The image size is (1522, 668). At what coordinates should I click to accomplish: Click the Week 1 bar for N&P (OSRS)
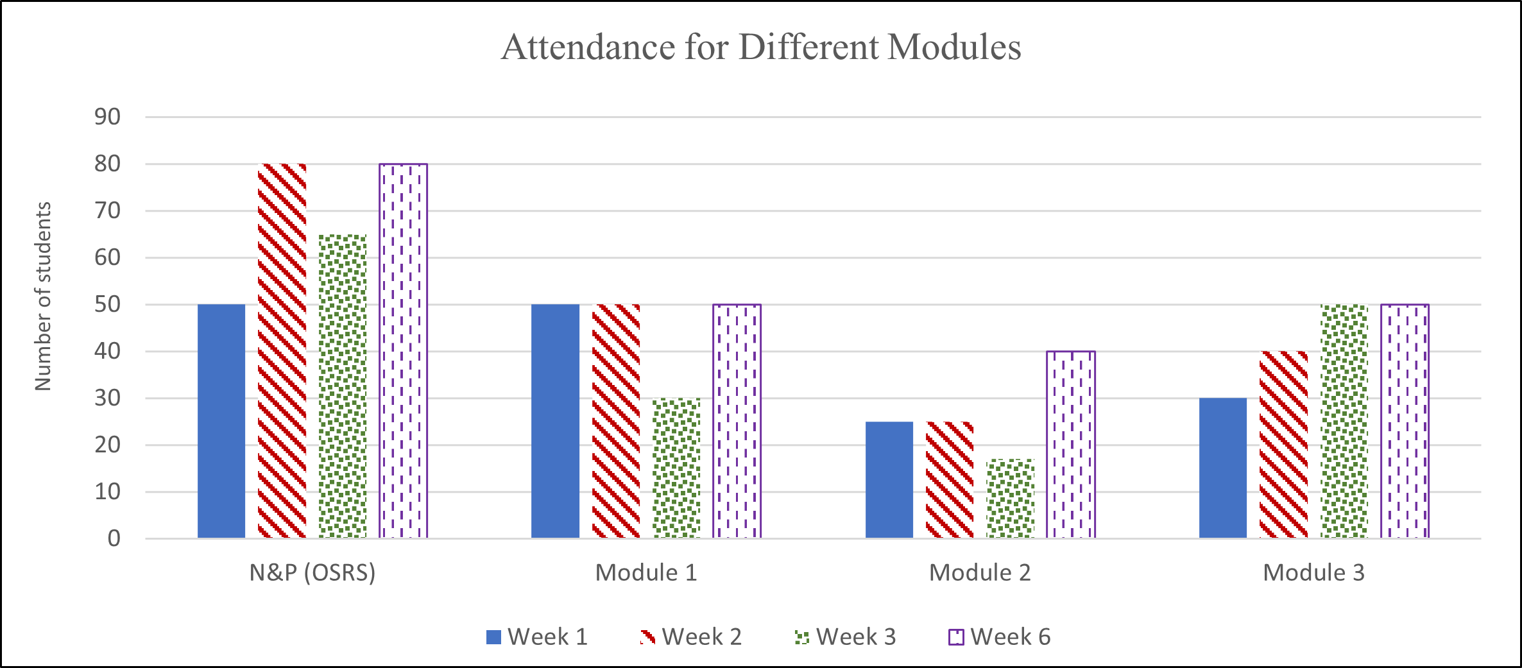pyautogui.click(x=221, y=421)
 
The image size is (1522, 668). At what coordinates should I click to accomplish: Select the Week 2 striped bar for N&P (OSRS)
pyautogui.click(x=282, y=351)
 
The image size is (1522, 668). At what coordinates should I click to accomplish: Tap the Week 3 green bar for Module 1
pyautogui.click(x=677, y=468)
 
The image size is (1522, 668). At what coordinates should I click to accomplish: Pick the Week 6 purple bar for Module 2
pyautogui.click(x=1071, y=445)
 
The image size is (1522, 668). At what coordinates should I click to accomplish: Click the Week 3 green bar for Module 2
pyautogui.click(x=1011, y=499)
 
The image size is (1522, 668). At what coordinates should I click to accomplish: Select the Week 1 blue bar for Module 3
pyautogui.click(x=1223, y=468)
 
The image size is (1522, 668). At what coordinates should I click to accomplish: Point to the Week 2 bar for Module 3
pyautogui.click(x=1284, y=445)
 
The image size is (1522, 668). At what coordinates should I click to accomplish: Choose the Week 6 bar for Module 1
pyautogui.click(x=737, y=421)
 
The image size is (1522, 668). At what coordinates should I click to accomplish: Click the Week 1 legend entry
pyautogui.click(x=538, y=637)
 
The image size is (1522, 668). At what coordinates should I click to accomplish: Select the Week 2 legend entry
pyautogui.click(x=692, y=637)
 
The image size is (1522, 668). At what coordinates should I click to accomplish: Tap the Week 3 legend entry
pyautogui.click(x=846, y=637)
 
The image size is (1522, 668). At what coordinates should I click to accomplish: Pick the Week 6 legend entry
pyautogui.click(x=1000, y=637)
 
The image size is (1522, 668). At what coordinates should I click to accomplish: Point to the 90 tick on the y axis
pyautogui.click(x=107, y=117)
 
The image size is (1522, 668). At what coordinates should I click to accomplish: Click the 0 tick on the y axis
pyautogui.click(x=114, y=538)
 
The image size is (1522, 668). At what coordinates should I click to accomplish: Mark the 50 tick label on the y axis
pyautogui.click(x=107, y=305)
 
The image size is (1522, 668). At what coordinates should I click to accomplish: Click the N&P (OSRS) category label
pyautogui.click(x=312, y=572)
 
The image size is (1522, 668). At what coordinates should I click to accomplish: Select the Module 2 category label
pyautogui.click(x=980, y=572)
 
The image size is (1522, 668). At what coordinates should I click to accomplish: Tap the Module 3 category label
pyautogui.click(x=1313, y=572)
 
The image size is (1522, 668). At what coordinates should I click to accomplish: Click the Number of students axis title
pyautogui.click(x=42, y=296)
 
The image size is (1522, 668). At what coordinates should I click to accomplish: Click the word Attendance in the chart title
pyautogui.click(x=588, y=47)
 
